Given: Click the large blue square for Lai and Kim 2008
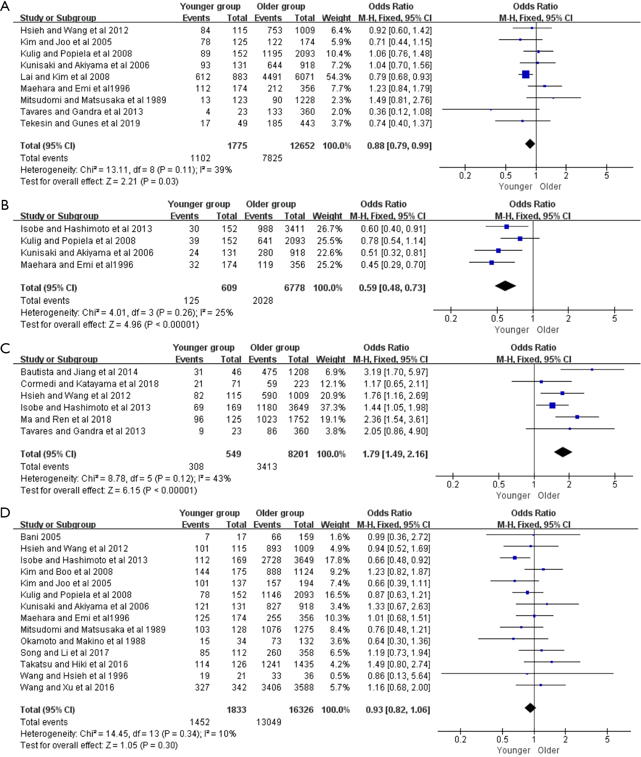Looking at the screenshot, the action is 526,75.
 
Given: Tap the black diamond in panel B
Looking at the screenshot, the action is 505,286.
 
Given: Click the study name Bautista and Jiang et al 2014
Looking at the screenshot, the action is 79,372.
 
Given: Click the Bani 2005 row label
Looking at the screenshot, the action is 41,537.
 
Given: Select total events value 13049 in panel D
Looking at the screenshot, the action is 269,722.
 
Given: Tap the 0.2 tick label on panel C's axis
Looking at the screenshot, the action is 453,484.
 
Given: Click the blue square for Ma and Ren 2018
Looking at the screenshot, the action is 577,417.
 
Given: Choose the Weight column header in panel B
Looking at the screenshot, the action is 327,216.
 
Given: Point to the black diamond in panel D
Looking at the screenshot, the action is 530,708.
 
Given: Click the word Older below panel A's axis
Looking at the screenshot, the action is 550,186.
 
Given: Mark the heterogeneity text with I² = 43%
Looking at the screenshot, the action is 126,478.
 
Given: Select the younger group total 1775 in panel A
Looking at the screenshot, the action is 237,146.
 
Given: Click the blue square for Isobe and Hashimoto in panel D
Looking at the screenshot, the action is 515,557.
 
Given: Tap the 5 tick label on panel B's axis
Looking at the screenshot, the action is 614,319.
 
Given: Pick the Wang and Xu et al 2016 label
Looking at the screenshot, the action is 67,687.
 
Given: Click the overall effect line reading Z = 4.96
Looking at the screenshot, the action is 110,324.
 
